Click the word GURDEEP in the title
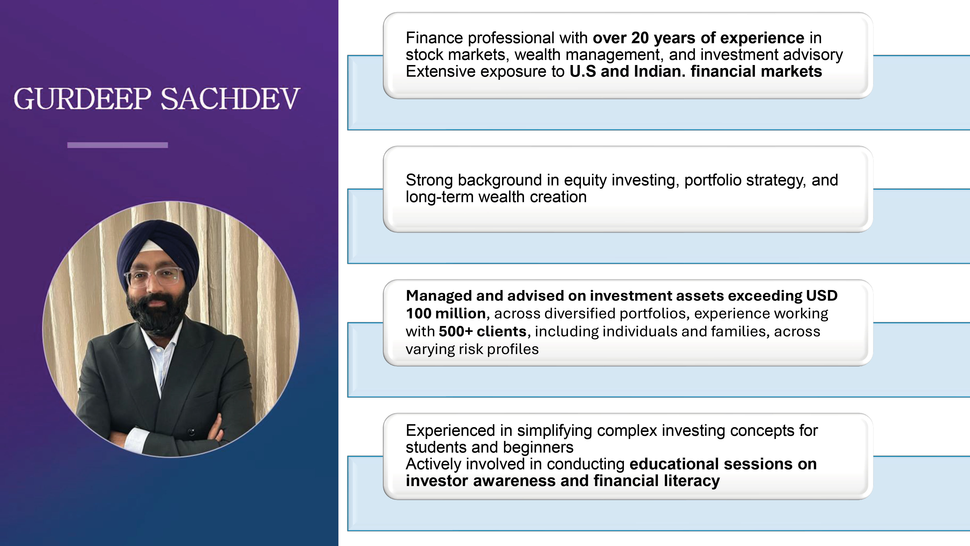click(x=82, y=99)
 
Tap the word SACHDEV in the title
click(x=230, y=99)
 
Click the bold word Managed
click(x=439, y=296)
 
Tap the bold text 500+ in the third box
click(x=455, y=331)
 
